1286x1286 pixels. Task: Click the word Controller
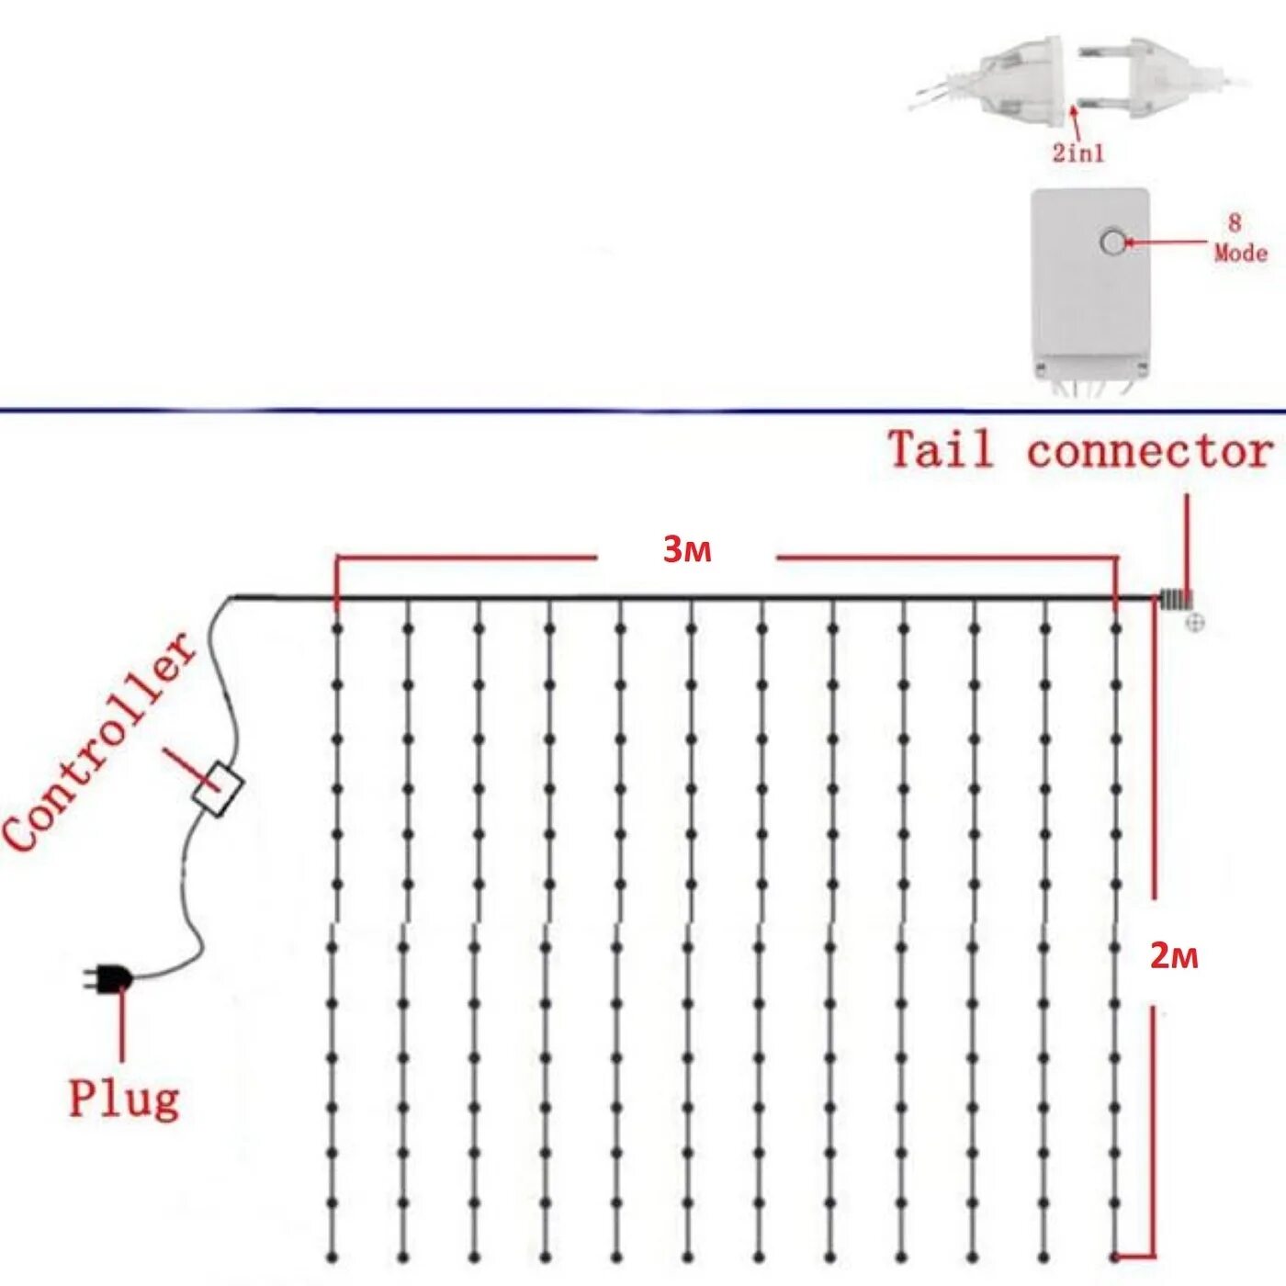[99, 742]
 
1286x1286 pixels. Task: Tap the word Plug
[124, 1098]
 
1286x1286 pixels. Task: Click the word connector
[1149, 451]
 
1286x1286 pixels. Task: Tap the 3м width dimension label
[687, 549]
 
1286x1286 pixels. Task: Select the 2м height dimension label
[1174, 957]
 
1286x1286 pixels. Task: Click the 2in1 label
[1077, 152]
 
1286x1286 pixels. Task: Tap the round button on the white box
[1112, 243]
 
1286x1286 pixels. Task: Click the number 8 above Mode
[1234, 222]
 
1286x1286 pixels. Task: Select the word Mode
[1240, 253]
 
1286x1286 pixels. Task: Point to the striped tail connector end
[1173, 600]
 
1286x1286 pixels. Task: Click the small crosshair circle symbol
[1194, 624]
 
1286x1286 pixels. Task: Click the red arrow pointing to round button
[1167, 243]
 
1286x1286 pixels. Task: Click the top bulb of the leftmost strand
[337, 629]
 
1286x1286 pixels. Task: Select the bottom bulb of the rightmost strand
[1115, 1255]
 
